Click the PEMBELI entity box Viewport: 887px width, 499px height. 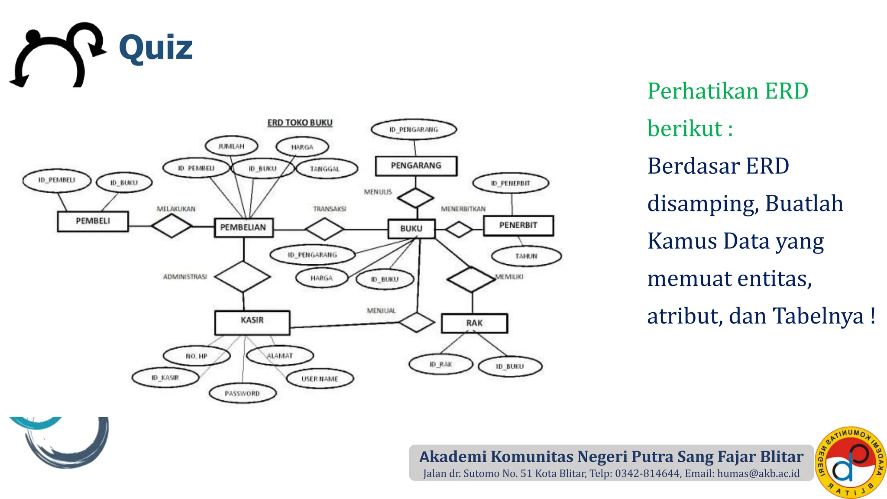click(x=93, y=221)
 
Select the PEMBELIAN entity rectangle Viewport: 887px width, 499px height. click(x=243, y=227)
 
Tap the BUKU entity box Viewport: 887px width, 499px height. click(x=411, y=228)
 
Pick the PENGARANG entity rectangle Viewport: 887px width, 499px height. click(x=416, y=166)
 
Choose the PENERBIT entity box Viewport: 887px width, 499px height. click(x=518, y=225)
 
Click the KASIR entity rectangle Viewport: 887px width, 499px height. click(x=252, y=322)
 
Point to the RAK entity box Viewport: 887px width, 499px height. click(x=474, y=323)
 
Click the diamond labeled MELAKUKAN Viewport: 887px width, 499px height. click(x=172, y=226)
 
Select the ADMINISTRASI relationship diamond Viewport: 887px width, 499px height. click(x=243, y=276)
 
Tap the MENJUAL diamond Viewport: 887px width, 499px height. click(x=416, y=322)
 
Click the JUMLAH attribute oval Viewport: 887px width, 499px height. click(x=231, y=146)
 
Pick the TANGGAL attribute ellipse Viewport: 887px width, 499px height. click(x=325, y=169)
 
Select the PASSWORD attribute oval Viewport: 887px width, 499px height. click(x=243, y=393)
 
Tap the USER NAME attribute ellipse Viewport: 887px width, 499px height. click(x=320, y=379)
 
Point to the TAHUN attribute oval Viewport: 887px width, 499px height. click(x=526, y=256)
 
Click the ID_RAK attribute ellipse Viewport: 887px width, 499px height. click(x=441, y=364)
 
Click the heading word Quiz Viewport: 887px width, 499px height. click(x=156, y=48)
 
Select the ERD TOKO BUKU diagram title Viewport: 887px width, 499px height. click(x=300, y=123)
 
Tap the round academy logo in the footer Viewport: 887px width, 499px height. click(x=851, y=462)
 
